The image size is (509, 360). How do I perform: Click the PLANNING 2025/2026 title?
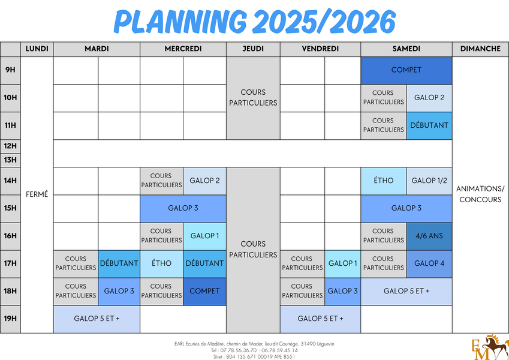tap(254, 22)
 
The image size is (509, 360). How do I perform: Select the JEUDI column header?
tap(253, 49)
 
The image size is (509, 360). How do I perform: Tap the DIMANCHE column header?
tap(480, 49)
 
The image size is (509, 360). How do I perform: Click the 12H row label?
tap(10, 146)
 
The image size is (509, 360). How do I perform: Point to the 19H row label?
tap(10, 319)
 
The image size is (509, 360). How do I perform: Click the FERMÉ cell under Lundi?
tap(37, 194)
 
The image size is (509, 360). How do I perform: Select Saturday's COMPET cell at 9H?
tap(406, 70)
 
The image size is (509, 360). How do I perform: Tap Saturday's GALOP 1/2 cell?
tap(429, 181)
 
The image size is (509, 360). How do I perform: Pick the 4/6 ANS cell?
tap(429, 236)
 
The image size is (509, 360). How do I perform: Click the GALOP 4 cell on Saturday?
tap(429, 264)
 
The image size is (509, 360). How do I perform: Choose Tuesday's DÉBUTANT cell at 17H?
tap(119, 264)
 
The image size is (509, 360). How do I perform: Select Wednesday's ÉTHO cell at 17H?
tap(162, 264)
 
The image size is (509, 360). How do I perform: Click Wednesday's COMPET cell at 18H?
tap(204, 292)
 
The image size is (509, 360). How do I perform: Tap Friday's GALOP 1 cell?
tap(342, 264)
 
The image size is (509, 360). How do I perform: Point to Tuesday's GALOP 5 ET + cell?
tap(97, 319)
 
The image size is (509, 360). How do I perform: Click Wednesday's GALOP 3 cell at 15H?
tap(183, 209)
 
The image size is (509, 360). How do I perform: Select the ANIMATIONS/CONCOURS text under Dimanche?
tap(480, 194)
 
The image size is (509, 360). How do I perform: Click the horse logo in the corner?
tap(490, 347)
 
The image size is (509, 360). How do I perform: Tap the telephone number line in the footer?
tap(254, 350)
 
